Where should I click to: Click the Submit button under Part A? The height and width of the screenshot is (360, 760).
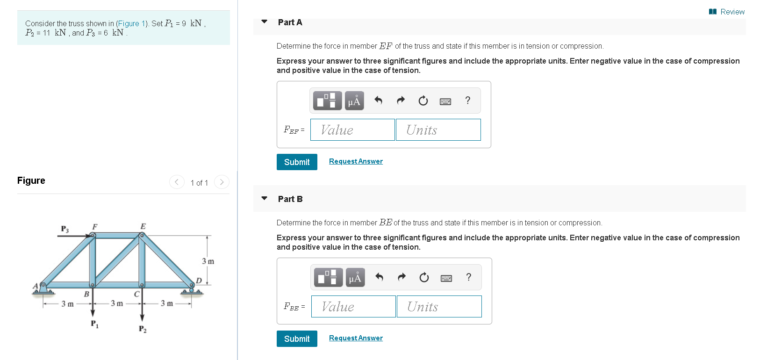click(297, 162)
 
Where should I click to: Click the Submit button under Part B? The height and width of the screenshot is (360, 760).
click(297, 338)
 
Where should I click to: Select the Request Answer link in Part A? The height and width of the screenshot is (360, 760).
click(356, 161)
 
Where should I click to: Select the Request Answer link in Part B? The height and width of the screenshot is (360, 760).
click(356, 338)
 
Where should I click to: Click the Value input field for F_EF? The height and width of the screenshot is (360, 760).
click(352, 130)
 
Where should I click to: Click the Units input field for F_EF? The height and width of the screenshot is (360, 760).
click(438, 130)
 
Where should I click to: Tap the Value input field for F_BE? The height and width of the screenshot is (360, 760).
click(353, 306)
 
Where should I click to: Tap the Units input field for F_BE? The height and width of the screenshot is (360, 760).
click(439, 306)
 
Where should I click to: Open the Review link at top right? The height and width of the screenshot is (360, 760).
click(727, 12)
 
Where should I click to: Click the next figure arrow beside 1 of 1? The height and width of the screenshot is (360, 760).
click(222, 182)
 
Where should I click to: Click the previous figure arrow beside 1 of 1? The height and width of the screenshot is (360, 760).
click(177, 182)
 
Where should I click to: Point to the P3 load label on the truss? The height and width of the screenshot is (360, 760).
click(65, 229)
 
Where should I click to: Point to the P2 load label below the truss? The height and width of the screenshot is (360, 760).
click(143, 329)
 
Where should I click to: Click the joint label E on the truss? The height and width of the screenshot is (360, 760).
click(143, 226)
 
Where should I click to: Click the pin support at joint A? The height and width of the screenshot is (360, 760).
click(43, 288)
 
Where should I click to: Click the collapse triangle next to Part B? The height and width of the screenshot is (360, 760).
click(264, 199)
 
